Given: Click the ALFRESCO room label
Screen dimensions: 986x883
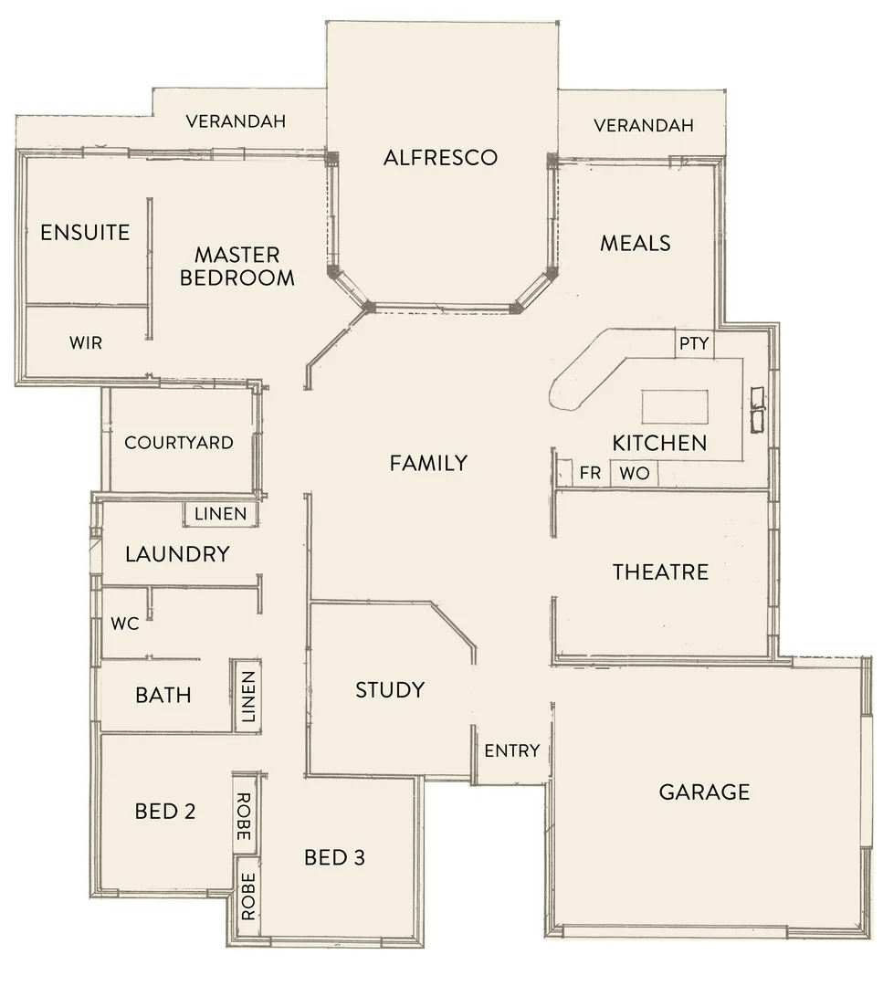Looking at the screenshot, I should point(440,157).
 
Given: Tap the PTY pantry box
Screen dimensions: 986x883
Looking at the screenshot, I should point(693,344).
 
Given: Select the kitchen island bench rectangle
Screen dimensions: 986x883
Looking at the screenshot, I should point(675,406).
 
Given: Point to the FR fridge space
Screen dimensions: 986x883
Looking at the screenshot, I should point(590,474).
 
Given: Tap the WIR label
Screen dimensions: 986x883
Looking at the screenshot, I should point(86,343).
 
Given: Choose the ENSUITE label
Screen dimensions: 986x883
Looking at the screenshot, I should point(85,232).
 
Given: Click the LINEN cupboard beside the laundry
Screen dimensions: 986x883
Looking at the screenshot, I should point(220,514).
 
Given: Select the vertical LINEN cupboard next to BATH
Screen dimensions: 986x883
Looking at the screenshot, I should point(247,696).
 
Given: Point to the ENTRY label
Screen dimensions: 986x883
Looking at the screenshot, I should point(511,750).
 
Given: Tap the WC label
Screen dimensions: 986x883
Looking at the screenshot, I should point(124,624).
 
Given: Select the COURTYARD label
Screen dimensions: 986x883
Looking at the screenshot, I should point(179,443).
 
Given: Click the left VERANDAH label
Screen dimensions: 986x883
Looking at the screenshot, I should point(236,121).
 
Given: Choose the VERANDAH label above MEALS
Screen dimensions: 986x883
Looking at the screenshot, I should point(643,125).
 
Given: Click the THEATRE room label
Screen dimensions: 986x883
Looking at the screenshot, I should point(660,572).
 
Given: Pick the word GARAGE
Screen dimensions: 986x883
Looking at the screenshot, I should point(704,792).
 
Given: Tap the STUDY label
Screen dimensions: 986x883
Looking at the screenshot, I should point(390,689).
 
